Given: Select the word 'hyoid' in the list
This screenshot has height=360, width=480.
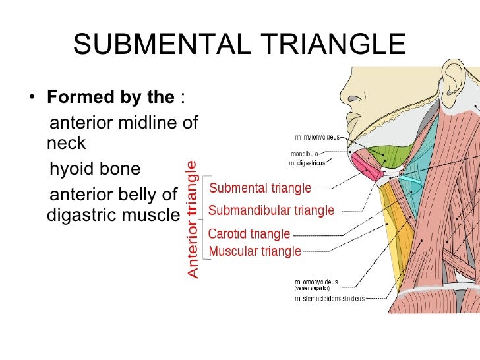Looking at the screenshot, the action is click(x=72, y=169).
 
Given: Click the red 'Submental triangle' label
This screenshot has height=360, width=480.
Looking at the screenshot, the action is click(x=260, y=189).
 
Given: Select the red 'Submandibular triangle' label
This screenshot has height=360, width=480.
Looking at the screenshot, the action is click(x=271, y=212).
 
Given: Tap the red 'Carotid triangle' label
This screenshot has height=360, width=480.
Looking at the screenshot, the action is click(x=249, y=234).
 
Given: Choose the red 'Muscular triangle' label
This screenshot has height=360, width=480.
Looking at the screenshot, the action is click(x=255, y=251).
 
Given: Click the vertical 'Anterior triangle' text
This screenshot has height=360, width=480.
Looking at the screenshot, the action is click(x=192, y=220).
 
